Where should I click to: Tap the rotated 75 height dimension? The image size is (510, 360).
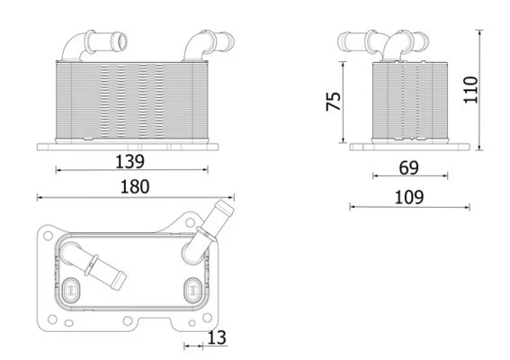pos(332,100)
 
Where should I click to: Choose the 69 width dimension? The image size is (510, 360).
pos(409,166)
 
